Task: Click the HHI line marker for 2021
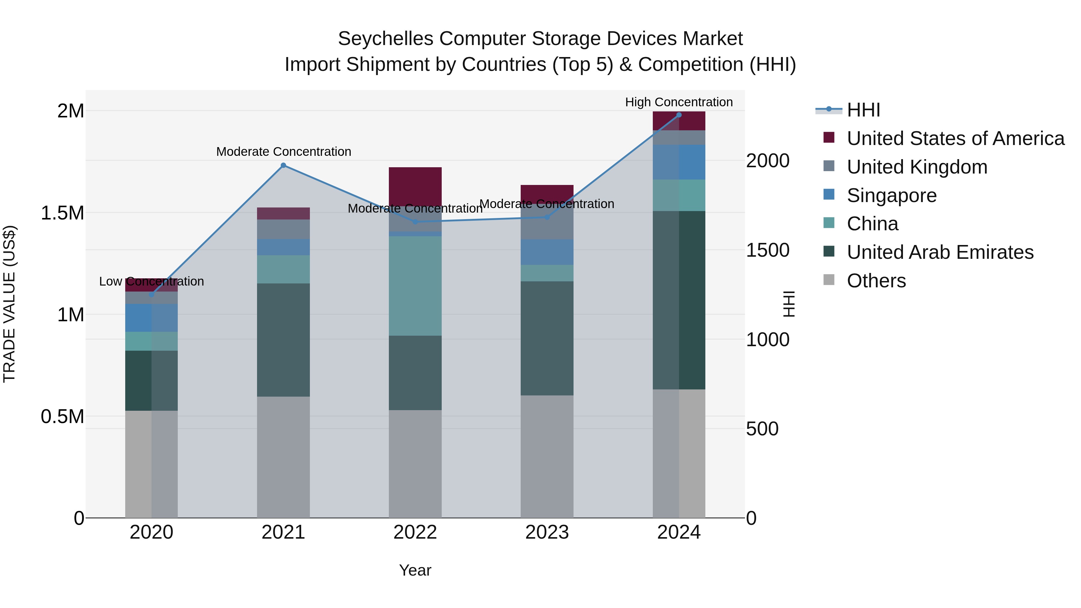[283, 165]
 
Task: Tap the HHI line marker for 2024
[679, 115]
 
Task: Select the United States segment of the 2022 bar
[415, 186]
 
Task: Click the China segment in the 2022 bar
[415, 285]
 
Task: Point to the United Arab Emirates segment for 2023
[547, 338]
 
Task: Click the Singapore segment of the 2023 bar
[547, 252]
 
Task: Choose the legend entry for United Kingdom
[917, 167]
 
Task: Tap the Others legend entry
[876, 281]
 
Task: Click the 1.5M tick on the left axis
[62, 213]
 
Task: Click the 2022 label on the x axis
[415, 532]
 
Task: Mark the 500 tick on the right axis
[762, 429]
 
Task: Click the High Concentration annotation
[679, 102]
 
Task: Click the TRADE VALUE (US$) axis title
[9, 304]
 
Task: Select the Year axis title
[415, 570]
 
